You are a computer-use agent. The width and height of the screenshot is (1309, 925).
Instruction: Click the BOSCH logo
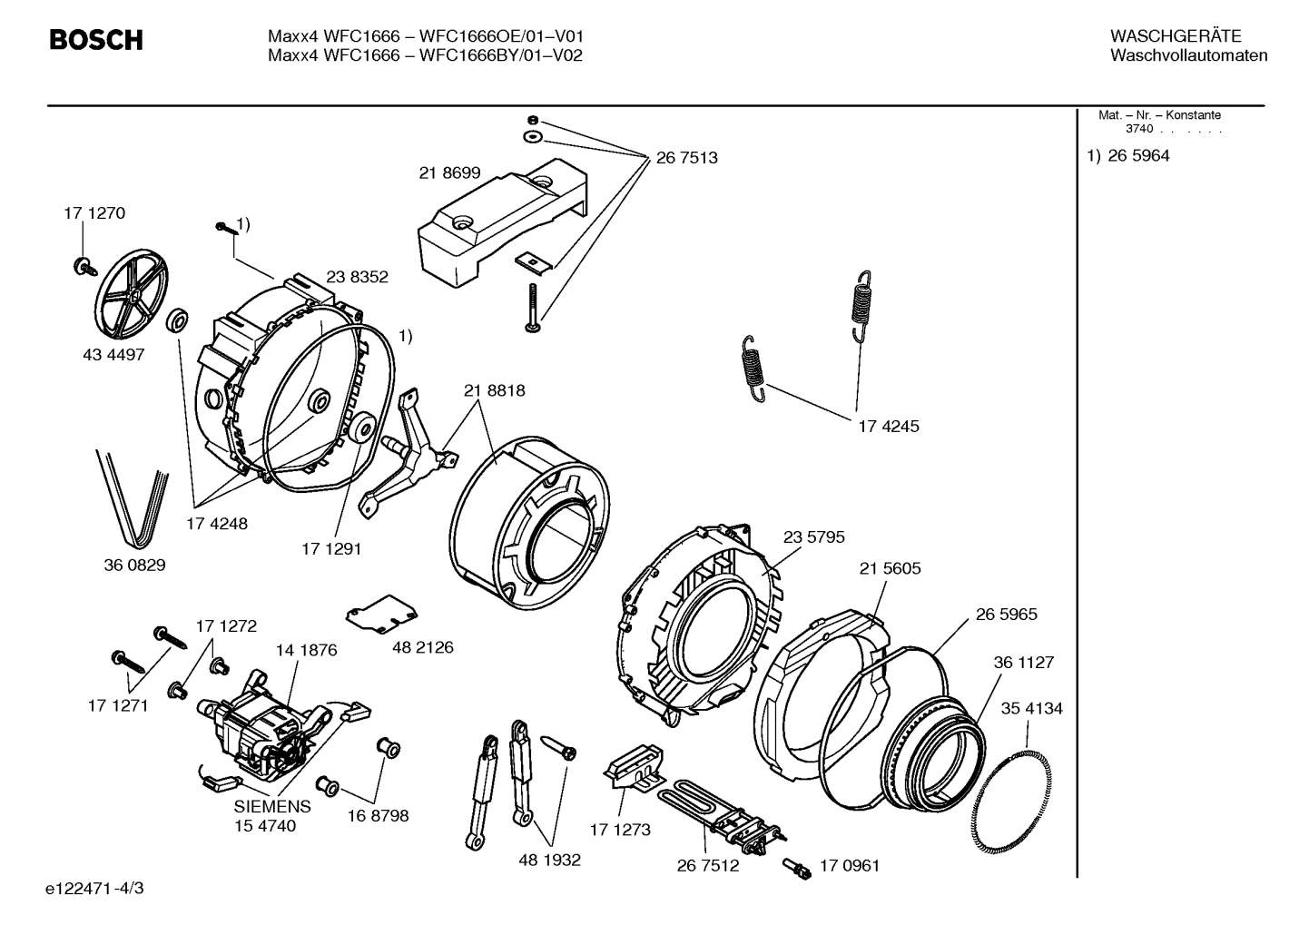95,40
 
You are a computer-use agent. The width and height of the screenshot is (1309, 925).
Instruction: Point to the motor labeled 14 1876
264,727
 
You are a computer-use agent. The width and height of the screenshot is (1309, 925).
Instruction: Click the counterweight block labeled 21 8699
499,222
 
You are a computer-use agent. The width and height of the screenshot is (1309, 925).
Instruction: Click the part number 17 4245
889,426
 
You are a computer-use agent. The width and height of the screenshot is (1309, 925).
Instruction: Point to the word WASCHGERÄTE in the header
1176,36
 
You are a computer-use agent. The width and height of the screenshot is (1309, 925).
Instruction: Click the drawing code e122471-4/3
100,888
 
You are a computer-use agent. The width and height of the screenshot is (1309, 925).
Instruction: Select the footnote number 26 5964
1138,156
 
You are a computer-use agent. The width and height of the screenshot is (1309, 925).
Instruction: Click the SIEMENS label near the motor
272,806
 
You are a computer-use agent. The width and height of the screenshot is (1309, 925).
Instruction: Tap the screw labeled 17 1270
84,266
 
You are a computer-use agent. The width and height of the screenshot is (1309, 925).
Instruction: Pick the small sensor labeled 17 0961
798,868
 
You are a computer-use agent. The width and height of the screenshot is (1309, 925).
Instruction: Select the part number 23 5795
813,537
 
